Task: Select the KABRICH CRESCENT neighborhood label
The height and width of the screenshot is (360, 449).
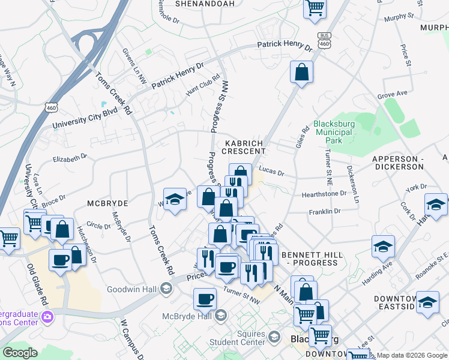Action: coord(245,147)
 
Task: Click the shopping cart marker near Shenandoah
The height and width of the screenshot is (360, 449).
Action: coord(315,8)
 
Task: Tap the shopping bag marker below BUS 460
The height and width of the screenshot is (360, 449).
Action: coord(301,72)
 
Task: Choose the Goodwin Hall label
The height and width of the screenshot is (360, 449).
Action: coord(131,290)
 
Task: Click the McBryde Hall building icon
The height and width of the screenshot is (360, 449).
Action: coord(220,316)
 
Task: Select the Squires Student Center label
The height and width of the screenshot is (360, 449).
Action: coord(247,338)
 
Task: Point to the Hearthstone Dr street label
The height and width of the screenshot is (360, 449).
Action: coord(324,194)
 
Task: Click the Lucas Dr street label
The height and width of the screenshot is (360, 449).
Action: coord(271,173)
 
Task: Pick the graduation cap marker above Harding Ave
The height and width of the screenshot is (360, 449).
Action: coord(382,247)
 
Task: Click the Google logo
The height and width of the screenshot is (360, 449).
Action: coord(20,353)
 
